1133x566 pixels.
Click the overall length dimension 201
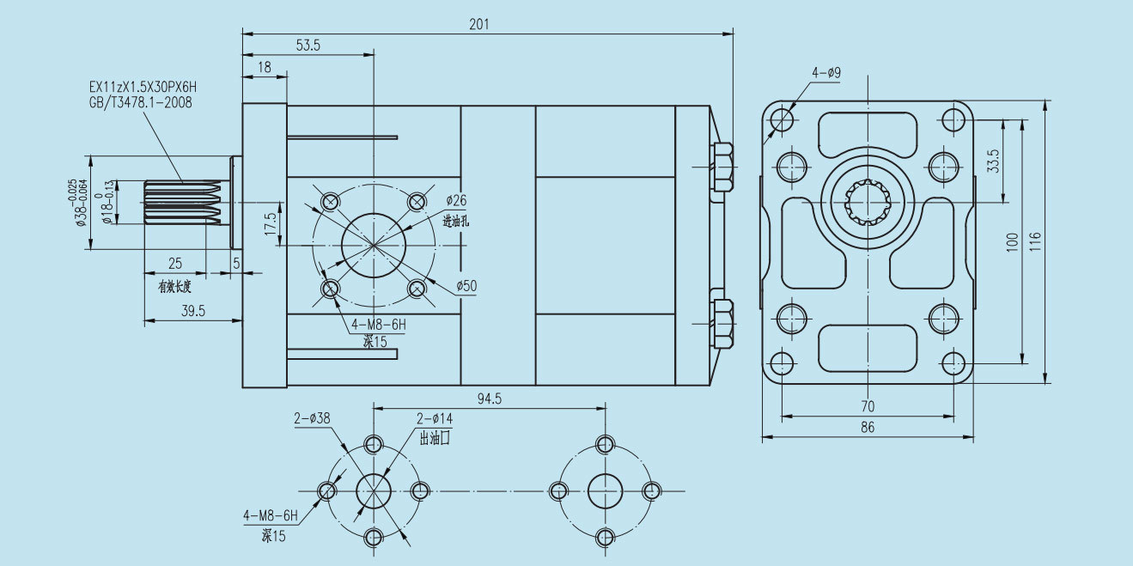[479, 24]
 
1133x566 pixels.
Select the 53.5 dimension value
[308, 46]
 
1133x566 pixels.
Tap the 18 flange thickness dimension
[265, 67]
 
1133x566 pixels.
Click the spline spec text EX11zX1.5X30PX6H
[143, 87]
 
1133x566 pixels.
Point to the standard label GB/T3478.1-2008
[141, 103]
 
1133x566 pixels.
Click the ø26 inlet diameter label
[456, 200]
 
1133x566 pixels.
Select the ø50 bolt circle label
[466, 286]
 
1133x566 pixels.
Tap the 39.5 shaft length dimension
[193, 311]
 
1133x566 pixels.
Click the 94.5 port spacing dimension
[489, 399]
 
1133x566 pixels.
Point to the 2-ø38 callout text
[312, 418]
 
